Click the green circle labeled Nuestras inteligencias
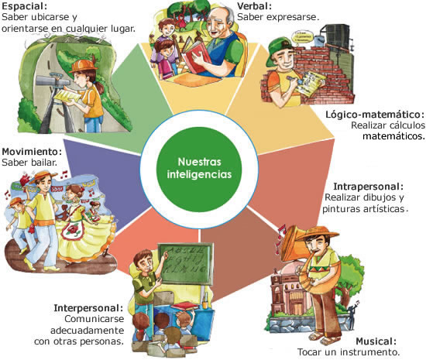(x=199, y=170)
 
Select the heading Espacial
(x=25, y=6)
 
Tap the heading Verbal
(x=255, y=5)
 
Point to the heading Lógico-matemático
(x=375, y=115)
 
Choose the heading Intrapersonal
(x=369, y=187)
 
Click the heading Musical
(x=376, y=341)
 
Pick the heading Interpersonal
(x=88, y=308)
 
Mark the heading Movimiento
(x=32, y=151)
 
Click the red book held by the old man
(x=195, y=55)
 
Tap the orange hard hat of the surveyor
(x=83, y=66)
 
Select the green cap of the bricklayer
(x=280, y=50)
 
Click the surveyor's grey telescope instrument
(x=53, y=80)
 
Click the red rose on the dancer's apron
(x=73, y=229)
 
